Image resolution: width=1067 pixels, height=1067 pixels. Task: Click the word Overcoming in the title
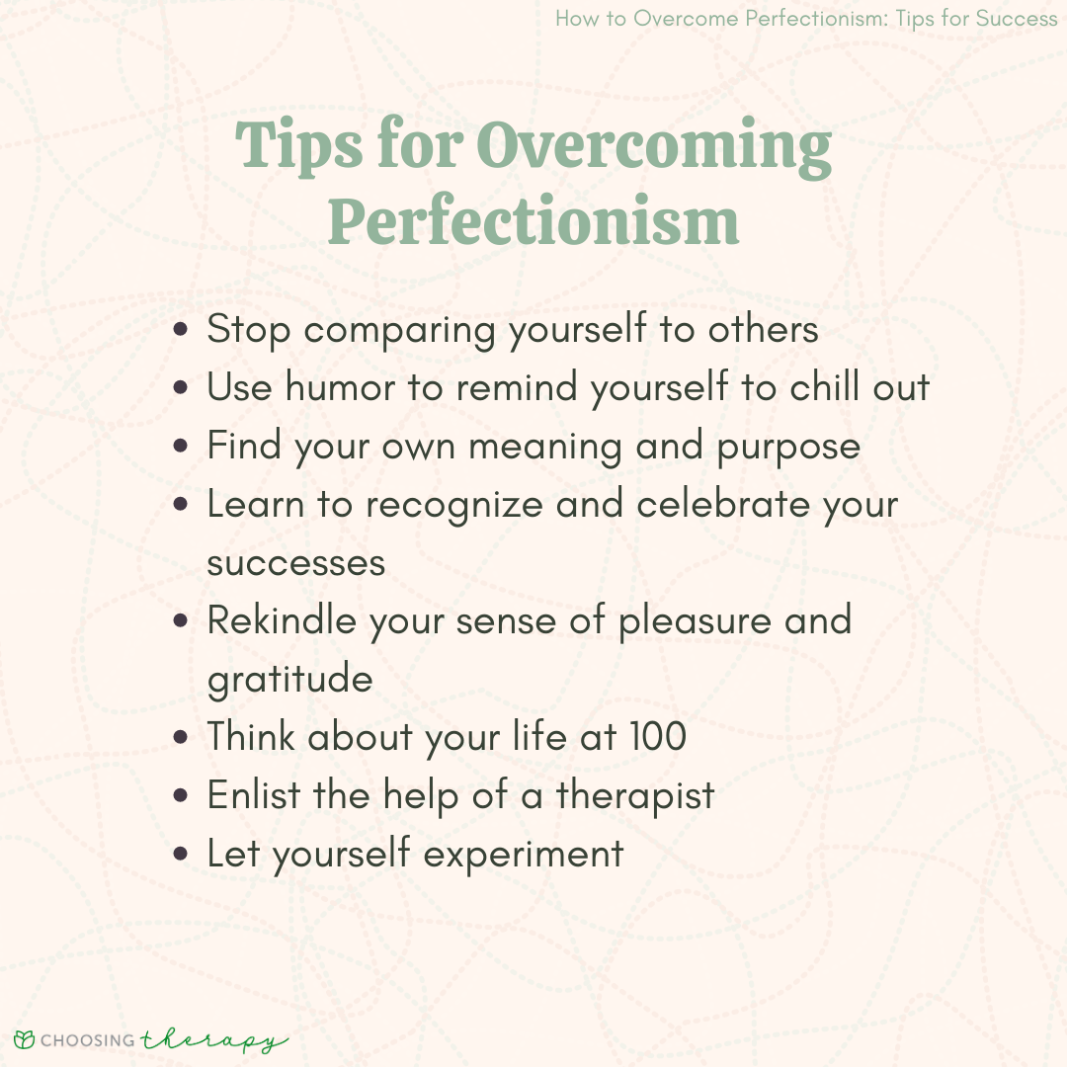click(x=653, y=146)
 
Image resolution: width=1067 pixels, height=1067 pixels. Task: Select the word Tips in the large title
click(x=298, y=145)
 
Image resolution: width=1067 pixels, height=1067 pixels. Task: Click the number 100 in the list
click(x=658, y=736)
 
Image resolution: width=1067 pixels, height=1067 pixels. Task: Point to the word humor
click(x=340, y=386)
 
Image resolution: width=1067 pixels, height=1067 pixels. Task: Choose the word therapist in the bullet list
click(x=635, y=796)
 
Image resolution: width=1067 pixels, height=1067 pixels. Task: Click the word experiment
click(x=524, y=855)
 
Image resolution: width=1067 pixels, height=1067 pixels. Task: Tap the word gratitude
click(x=289, y=679)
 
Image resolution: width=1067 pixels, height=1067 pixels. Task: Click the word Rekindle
click(x=282, y=619)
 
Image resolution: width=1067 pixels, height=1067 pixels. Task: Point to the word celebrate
click(x=723, y=504)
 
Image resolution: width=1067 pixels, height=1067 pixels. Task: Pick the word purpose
click(x=788, y=449)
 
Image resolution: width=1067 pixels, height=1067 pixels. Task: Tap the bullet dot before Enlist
click(x=181, y=795)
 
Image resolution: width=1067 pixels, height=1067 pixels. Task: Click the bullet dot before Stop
click(x=181, y=330)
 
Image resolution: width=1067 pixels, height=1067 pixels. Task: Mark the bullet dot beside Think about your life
click(x=181, y=737)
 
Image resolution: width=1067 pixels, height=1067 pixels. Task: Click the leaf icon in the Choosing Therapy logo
click(x=24, y=1039)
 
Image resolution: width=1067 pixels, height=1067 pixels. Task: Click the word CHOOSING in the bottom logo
click(x=88, y=1040)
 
